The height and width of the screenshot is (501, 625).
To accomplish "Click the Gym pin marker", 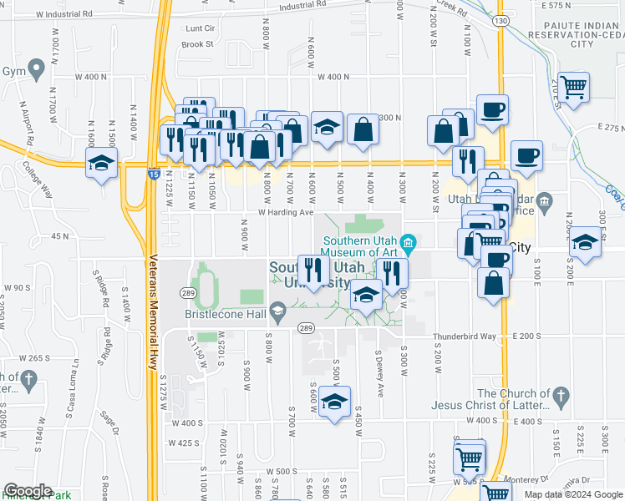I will tap(35, 67).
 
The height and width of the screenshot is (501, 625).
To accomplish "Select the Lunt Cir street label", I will tap(199, 28).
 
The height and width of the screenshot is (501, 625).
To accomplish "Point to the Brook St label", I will tap(197, 44).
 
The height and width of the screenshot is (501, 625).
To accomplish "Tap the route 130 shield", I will tap(501, 20).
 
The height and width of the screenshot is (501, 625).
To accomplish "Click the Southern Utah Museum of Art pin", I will tap(409, 244).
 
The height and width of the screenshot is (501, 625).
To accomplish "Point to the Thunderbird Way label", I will tap(465, 337).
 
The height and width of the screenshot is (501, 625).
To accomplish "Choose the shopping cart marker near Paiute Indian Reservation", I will tap(573, 86).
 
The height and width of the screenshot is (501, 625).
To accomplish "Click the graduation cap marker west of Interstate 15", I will tap(101, 162).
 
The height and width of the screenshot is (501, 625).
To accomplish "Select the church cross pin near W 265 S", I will tap(28, 381).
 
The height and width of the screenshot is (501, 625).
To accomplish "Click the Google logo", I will tap(28, 491).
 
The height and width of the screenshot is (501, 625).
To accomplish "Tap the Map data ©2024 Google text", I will tap(573, 494).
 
